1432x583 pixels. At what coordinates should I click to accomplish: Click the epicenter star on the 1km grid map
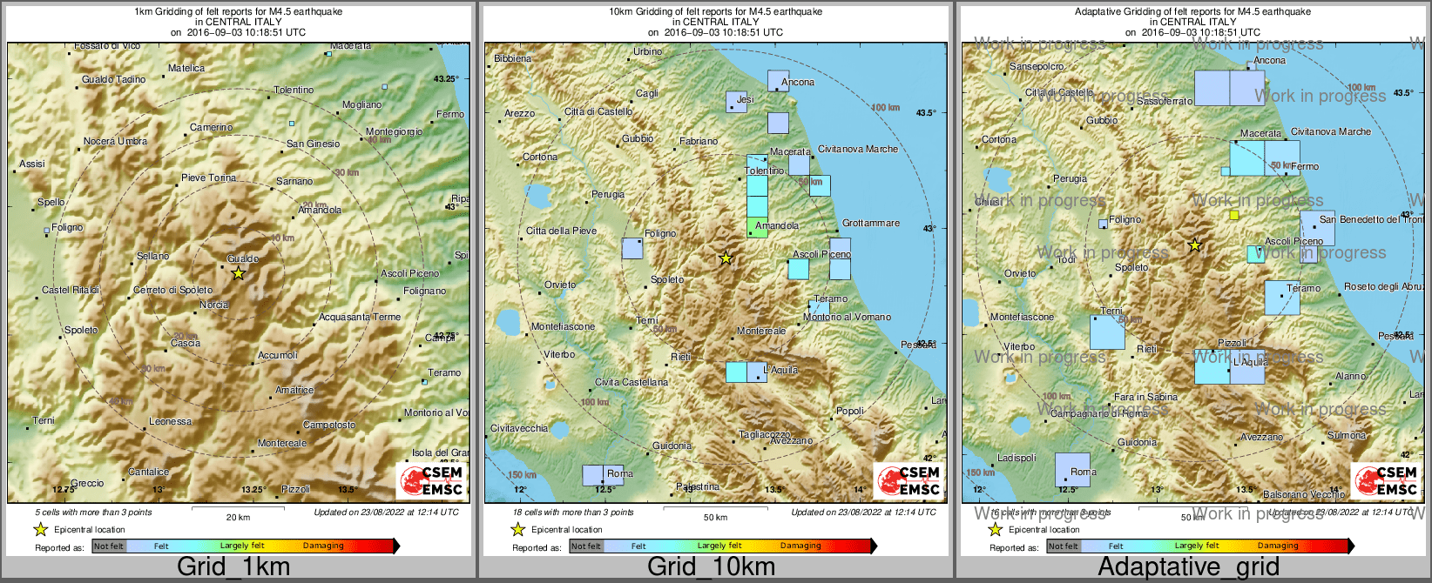[239, 273]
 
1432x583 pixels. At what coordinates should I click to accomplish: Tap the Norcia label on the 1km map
[214, 305]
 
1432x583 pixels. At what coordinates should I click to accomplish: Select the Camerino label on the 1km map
[211, 128]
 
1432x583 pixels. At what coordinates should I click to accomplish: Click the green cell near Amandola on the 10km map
[757, 228]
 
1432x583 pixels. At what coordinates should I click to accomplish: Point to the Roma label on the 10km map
[619, 474]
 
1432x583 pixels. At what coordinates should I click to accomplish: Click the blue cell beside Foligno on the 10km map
[632, 248]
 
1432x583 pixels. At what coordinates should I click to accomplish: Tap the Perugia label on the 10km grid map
[608, 195]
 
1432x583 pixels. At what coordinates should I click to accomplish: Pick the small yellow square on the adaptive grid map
[1233, 215]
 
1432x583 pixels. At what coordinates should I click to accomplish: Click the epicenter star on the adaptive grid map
[1195, 246]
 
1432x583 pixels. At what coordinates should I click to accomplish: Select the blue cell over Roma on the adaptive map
[1072, 470]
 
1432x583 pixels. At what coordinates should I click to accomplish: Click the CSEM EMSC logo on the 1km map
[431, 480]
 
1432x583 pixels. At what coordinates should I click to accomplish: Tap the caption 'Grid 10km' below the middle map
[711, 567]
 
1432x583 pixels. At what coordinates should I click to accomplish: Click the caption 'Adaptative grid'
[1188, 567]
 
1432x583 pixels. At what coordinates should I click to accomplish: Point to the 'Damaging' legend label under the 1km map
[323, 546]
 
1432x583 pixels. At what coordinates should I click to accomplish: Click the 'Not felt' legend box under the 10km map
[586, 546]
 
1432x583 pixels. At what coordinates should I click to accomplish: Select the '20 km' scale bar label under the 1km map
[238, 517]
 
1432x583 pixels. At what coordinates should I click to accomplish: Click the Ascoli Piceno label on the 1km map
[409, 274]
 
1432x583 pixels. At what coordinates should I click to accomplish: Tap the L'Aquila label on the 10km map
[780, 371]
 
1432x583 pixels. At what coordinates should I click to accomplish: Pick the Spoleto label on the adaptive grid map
[1131, 268]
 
